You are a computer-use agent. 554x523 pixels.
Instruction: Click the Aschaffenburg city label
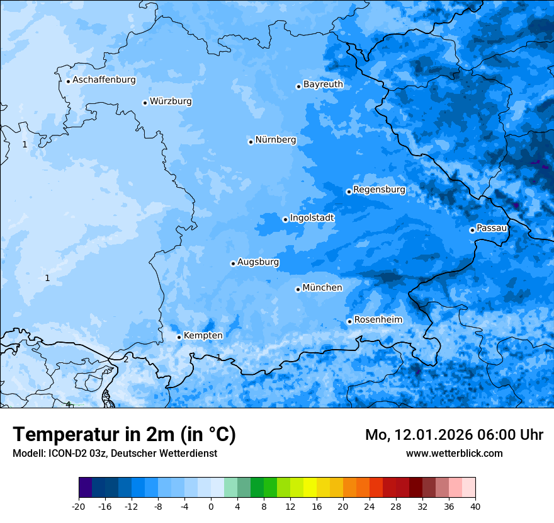pos(104,80)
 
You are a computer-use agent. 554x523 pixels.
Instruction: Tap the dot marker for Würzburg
pos(145,103)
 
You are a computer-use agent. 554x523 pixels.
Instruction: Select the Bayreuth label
pos(323,84)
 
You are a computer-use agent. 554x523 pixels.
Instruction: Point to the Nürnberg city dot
pos(251,142)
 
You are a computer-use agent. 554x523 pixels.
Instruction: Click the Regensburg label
pos(379,189)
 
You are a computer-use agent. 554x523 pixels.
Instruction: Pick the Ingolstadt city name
pos(312,217)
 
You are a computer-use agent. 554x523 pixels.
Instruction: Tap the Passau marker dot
pos(472,230)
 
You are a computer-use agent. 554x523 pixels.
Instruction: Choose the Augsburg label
pos(258,261)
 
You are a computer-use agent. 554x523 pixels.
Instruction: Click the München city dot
pos(298,289)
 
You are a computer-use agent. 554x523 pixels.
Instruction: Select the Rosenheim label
pos(378,319)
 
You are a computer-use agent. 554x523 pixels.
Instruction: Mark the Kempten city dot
pos(179,337)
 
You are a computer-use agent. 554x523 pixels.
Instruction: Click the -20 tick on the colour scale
pos(79,505)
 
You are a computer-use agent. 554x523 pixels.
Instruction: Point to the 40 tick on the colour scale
pos(475,505)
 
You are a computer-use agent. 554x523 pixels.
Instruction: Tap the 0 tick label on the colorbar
pos(211,505)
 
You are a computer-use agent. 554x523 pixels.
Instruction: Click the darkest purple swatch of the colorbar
pos(85,488)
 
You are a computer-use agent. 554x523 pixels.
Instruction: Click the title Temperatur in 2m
pos(124,434)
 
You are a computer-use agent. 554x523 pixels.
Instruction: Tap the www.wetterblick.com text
pos(454,453)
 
